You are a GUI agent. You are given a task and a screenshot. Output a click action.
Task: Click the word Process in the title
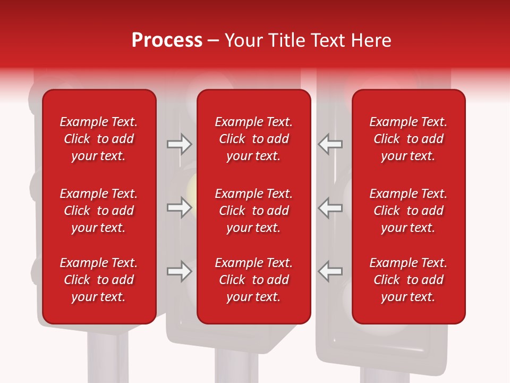click(x=167, y=40)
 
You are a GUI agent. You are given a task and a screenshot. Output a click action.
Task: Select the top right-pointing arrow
click(x=179, y=144)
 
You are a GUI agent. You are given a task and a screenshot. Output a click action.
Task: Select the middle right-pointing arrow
click(x=179, y=207)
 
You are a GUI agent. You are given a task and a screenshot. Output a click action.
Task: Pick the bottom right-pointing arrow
click(x=179, y=271)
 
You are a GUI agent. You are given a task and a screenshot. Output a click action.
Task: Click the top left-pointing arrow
click(x=330, y=144)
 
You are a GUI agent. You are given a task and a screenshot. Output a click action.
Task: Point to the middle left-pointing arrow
click(x=330, y=207)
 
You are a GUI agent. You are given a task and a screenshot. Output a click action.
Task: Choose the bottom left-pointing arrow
click(x=330, y=271)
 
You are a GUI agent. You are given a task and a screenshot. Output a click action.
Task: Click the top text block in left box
click(x=99, y=139)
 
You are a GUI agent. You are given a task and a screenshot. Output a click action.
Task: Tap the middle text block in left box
click(x=99, y=211)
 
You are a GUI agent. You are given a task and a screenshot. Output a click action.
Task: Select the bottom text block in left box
click(x=99, y=280)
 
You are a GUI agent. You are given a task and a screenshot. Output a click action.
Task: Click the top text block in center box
click(x=253, y=139)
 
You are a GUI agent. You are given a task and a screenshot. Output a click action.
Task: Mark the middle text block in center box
click(x=253, y=211)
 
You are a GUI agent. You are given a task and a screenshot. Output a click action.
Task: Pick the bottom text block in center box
click(x=253, y=280)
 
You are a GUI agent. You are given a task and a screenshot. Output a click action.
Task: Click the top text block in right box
click(x=408, y=139)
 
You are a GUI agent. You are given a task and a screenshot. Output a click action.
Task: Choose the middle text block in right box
click(x=408, y=211)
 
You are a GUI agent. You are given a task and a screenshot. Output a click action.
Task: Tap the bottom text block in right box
click(x=408, y=280)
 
